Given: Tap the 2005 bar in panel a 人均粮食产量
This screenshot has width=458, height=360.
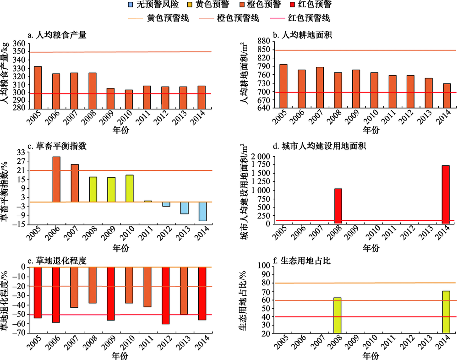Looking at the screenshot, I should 38,80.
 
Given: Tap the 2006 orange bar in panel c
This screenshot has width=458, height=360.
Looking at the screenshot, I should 56,179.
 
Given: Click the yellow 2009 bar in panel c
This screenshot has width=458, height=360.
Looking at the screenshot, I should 111,190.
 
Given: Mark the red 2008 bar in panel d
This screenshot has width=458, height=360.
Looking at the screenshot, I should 338,206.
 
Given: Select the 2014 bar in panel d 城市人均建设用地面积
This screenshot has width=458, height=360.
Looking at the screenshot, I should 446,195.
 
